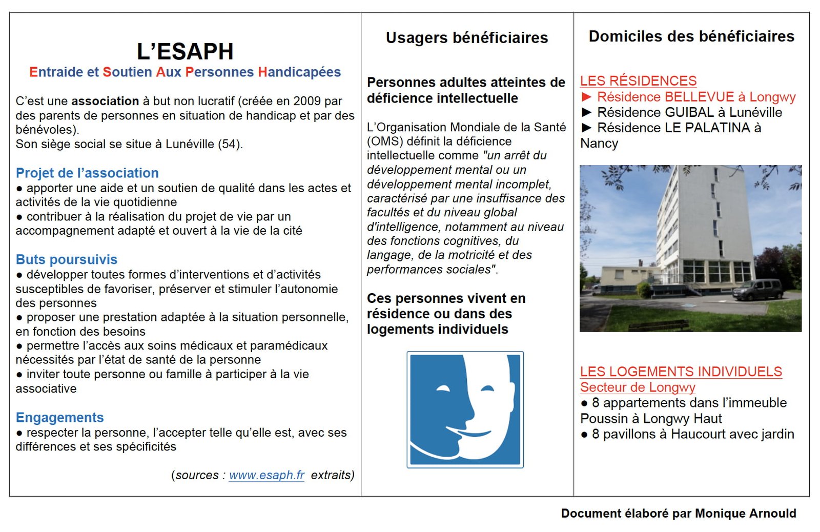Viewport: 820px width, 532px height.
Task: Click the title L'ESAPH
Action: coord(185,51)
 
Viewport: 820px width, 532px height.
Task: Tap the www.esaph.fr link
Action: coord(266,475)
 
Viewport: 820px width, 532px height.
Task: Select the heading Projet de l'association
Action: coord(87,173)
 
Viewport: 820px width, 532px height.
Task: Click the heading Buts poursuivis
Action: coord(67,259)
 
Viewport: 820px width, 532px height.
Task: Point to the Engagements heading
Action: coord(59,417)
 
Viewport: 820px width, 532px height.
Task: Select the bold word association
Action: coord(105,101)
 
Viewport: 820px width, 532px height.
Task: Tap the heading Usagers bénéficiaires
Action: coord(467,37)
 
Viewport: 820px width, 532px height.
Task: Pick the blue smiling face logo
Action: coord(465,410)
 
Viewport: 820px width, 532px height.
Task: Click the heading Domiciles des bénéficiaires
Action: coord(691,36)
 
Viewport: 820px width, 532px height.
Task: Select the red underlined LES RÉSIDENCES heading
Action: coord(638,81)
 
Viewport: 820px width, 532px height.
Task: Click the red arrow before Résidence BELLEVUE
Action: coord(587,97)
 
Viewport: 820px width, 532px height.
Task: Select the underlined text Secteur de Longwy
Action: coord(638,387)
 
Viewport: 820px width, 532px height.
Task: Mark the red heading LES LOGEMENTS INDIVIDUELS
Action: coord(681,372)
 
